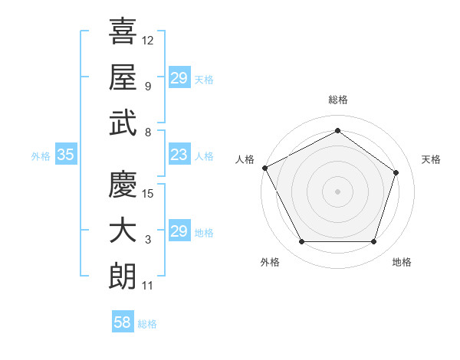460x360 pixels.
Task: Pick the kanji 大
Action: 123,231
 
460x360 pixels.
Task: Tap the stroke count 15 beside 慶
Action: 148,193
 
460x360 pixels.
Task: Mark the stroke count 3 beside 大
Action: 148,241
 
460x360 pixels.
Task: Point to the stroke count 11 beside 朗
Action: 148,286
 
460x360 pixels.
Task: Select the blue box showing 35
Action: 66,155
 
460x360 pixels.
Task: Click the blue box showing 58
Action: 122,322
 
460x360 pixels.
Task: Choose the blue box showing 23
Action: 179,155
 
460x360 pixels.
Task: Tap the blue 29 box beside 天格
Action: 179,78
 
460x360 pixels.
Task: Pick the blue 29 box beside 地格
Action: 179,231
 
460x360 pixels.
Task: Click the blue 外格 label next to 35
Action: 41,156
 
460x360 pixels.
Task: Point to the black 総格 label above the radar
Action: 337,100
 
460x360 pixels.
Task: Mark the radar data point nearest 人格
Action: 264,168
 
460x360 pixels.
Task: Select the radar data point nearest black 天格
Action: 396,172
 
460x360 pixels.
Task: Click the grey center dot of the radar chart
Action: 337,191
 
